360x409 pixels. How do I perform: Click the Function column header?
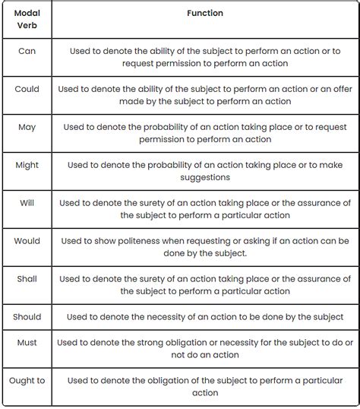coord(205,14)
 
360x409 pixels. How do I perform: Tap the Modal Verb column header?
coord(27,20)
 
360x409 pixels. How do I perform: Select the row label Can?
coord(27,51)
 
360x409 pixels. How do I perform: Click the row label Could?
coord(27,89)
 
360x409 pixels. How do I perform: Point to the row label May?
coord(27,127)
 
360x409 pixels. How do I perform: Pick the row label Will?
coord(27,202)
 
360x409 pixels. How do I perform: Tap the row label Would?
coord(27,240)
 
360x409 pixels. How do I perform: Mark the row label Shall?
coord(27,278)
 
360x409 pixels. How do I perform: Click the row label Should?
coord(27,316)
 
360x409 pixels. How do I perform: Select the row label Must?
coord(27,343)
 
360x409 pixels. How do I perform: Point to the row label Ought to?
coord(27,380)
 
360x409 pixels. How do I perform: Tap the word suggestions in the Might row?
coord(205,177)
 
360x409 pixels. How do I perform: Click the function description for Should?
coord(205,316)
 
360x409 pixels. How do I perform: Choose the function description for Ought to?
coord(205,386)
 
